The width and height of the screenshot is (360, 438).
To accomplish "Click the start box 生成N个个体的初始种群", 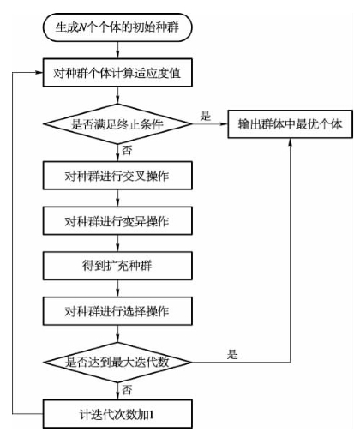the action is pyautogui.click(x=117, y=27).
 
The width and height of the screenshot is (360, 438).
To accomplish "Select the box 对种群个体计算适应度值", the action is pyautogui.click(x=117, y=73).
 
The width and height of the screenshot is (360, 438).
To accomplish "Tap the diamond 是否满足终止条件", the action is pyautogui.click(x=117, y=124).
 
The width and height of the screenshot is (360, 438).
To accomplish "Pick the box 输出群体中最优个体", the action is pyautogui.click(x=290, y=124).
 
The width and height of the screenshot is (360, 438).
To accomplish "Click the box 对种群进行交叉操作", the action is pyautogui.click(x=117, y=176).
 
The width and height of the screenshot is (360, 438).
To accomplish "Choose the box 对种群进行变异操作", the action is pyautogui.click(x=117, y=221).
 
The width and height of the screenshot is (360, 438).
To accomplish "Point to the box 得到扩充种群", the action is pyautogui.click(x=117, y=266).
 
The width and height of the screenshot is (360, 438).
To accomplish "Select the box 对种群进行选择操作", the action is pyautogui.click(x=117, y=311).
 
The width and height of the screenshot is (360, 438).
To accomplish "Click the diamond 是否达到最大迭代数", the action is pyautogui.click(x=117, y=362).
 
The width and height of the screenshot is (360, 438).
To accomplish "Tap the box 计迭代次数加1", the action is pyautogui.click(x=117, y=414).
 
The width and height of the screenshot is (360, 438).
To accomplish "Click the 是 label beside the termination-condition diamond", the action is pyautogui.click(x=206, y=116).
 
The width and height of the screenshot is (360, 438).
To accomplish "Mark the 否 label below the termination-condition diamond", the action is pyautogui.click(x=127, y=150).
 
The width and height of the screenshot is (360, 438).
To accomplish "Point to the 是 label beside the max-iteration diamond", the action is pyautogui.click(x=232, y=355).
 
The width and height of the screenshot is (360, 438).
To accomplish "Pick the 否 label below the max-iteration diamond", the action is pyautogui.click(x=127, y=390).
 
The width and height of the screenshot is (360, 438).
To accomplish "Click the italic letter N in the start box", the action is pyautogui.click(x=82, y=27).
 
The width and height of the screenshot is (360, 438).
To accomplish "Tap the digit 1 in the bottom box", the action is pyautogui.click(x=151, y=415).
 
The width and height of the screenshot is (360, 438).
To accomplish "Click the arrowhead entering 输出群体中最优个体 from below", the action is pyautogui.click(x=290, y=142).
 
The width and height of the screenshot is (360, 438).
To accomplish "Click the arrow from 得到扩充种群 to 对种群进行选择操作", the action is pyautogui.click(x=117, y=288).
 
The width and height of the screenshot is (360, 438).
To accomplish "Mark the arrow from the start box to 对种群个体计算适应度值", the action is pyautogui.click(x=117, y=50).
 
